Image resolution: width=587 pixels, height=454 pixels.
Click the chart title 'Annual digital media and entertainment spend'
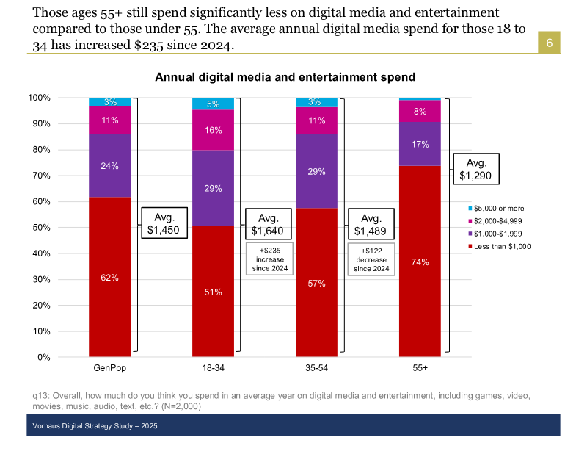click(285, 76)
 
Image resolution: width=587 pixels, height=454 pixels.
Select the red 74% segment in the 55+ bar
click(420, 262)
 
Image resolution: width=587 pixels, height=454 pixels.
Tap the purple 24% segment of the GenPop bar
click(110, 165)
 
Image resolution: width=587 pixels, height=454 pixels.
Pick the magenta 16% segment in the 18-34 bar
click(213, 130)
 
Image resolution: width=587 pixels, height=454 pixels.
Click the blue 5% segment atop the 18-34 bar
click(213, 104)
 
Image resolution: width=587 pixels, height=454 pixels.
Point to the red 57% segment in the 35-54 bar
click(316, 282)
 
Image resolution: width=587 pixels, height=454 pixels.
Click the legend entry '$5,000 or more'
click(500, 209)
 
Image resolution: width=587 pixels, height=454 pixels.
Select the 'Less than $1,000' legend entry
click(503, 246)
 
